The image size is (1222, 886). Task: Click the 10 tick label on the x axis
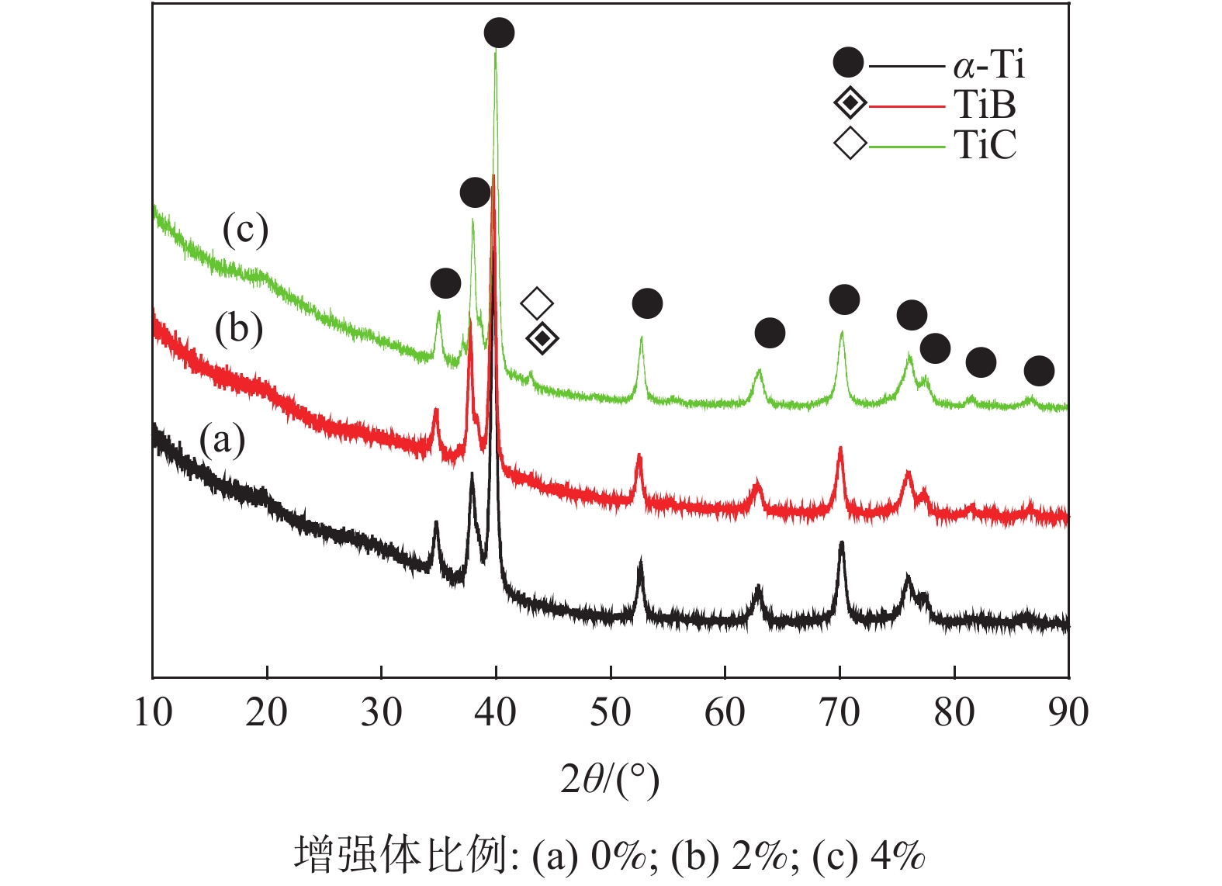[x=153, y=712]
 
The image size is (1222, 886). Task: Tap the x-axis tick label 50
[x=611, y=712]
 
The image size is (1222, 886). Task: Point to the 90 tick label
[x=1068, y=712]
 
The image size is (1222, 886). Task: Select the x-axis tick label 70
[x=839, y=712]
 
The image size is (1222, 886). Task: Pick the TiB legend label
[x=985, y=104]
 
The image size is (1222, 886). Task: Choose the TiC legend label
[x=985, y=144]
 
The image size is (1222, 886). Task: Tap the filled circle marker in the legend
[x=849, y=63]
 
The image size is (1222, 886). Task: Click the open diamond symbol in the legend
[x=850, y=144]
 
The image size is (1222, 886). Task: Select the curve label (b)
[x=239, y=329]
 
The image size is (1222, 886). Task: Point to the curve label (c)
[x=245, y=230]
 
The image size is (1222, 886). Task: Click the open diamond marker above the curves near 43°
[x=537, y=303]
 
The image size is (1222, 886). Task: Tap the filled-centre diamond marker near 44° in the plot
[x=542, y=338]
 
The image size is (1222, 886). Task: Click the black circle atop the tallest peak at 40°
[x=499, y=33]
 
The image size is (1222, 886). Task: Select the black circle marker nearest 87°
[x=1039, y=371]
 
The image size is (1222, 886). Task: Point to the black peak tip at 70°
[x=841, y=544]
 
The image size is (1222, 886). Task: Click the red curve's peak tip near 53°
[x=639, y=455]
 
